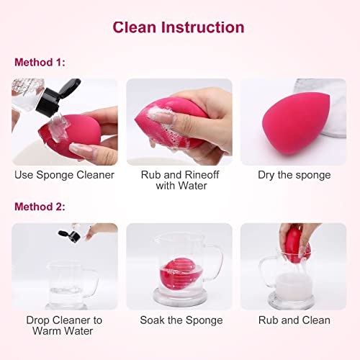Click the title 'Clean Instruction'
pyautogui.click(x=179, y=27)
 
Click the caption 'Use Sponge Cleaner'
pyautogui.click(x=64, y=175)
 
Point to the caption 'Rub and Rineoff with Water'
pyautogui.click(x=181, y=180)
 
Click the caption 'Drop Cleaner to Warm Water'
pyautogui.click(x=64, y=325)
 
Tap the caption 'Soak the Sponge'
pyautogui.click(x=179, y=320)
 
